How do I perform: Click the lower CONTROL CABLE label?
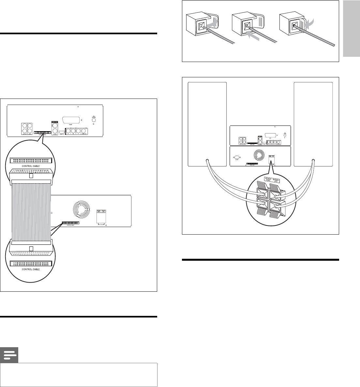pyautogui.click(x=31, y=269)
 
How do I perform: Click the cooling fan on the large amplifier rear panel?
pyautogui.click(x=80, y=210)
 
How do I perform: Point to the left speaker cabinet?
pyautogui.click(x=207, y=124)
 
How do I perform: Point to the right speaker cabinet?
pyautogui.click(x=313, y=124)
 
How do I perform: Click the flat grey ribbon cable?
pyautogui.click(x=31, y=212)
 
